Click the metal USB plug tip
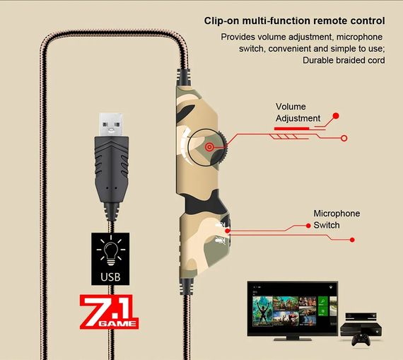[x=111, y=124]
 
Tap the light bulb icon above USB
[x=111, y=251]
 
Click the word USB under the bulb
[x=110, y=277]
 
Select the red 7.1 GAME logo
[x=109, y=312]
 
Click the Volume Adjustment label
[x=298, y=112]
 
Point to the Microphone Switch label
[x=337, y=219]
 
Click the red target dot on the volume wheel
[x=209, y=147]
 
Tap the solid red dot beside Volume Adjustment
[x=336, y=116]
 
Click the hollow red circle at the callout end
[x=344, y=138]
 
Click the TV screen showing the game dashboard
[x=293, y=308]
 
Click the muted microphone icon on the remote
[x=221, y=240]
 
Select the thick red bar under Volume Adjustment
[x=291, y=128]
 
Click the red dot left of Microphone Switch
[x=308, y=226]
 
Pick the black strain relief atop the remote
[x=184, y=77]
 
